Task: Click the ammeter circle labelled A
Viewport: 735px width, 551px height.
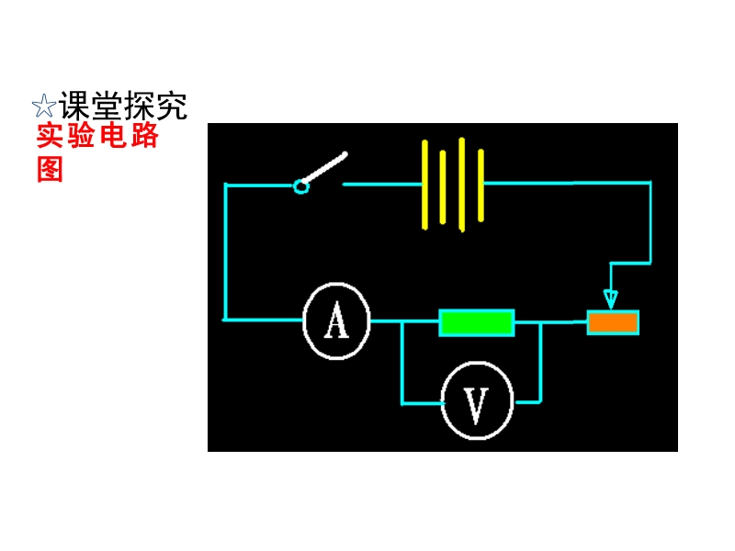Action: coord(337,321)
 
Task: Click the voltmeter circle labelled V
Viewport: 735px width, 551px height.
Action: coord(475,402)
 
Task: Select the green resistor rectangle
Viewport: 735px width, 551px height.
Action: coord(476,322)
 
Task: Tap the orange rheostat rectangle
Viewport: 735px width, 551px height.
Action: coord(613,322)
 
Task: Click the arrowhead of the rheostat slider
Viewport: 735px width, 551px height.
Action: coord(611,299)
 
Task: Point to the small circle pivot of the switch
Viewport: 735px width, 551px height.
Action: coord(300,186)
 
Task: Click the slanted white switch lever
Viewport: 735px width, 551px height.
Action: coord(325,169)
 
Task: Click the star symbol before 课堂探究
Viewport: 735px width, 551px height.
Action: coord(43,107)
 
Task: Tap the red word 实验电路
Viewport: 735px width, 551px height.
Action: coord(97,137)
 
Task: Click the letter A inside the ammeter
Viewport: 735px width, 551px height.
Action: coord(337,321)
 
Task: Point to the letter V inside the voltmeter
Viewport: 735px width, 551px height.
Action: coord(475,404)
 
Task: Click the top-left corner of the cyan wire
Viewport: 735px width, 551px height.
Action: coord(225,185)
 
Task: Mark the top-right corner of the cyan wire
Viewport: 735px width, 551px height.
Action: coord(650,183)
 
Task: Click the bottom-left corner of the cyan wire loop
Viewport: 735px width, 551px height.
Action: coord(224,320)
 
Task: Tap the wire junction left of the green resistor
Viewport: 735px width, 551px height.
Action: coord(401,321)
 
